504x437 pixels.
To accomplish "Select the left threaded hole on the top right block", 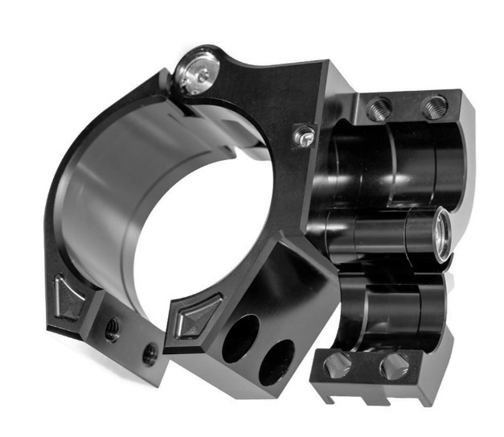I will pyautogui.click(x=378, y=109).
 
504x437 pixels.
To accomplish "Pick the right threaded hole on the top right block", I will pyautogui.click(x=434, y=105).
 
